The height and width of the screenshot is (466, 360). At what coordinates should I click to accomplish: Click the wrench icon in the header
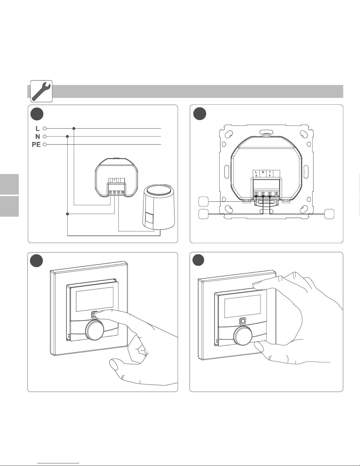(41, 91)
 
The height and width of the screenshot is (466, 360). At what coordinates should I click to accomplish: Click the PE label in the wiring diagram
(36, 145)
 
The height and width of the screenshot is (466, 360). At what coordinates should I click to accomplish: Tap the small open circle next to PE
(45, 145)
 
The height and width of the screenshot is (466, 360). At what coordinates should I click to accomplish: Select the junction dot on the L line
(74, 128)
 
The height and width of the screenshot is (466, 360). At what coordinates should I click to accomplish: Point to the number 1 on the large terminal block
(269, 172)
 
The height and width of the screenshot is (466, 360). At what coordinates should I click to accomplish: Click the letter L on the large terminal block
(256, 172)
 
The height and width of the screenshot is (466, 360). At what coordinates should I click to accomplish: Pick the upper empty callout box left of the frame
(203, 202)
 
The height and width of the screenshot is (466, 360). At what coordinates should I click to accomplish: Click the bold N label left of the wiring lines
(37, 137)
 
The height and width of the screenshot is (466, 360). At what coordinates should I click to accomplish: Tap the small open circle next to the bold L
(45, 128)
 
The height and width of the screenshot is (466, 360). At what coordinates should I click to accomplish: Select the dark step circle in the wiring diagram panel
(38, 114)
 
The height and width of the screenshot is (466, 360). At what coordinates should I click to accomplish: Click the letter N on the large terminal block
(263, 172)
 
